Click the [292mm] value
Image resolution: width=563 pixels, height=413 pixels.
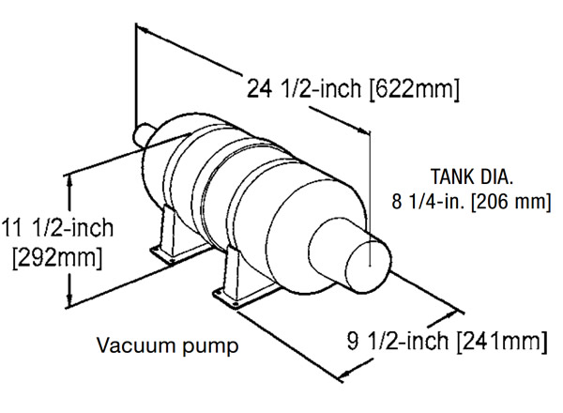[56, 254]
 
